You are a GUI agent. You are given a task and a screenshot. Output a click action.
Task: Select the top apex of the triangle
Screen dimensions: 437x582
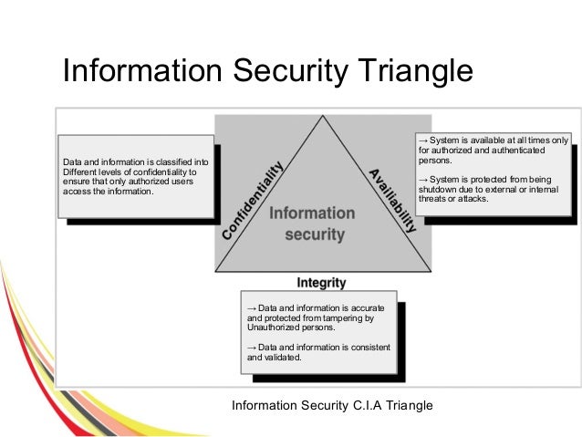(322, 118)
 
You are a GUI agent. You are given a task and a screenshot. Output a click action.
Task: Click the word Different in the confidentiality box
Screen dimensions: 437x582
(79, 173)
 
